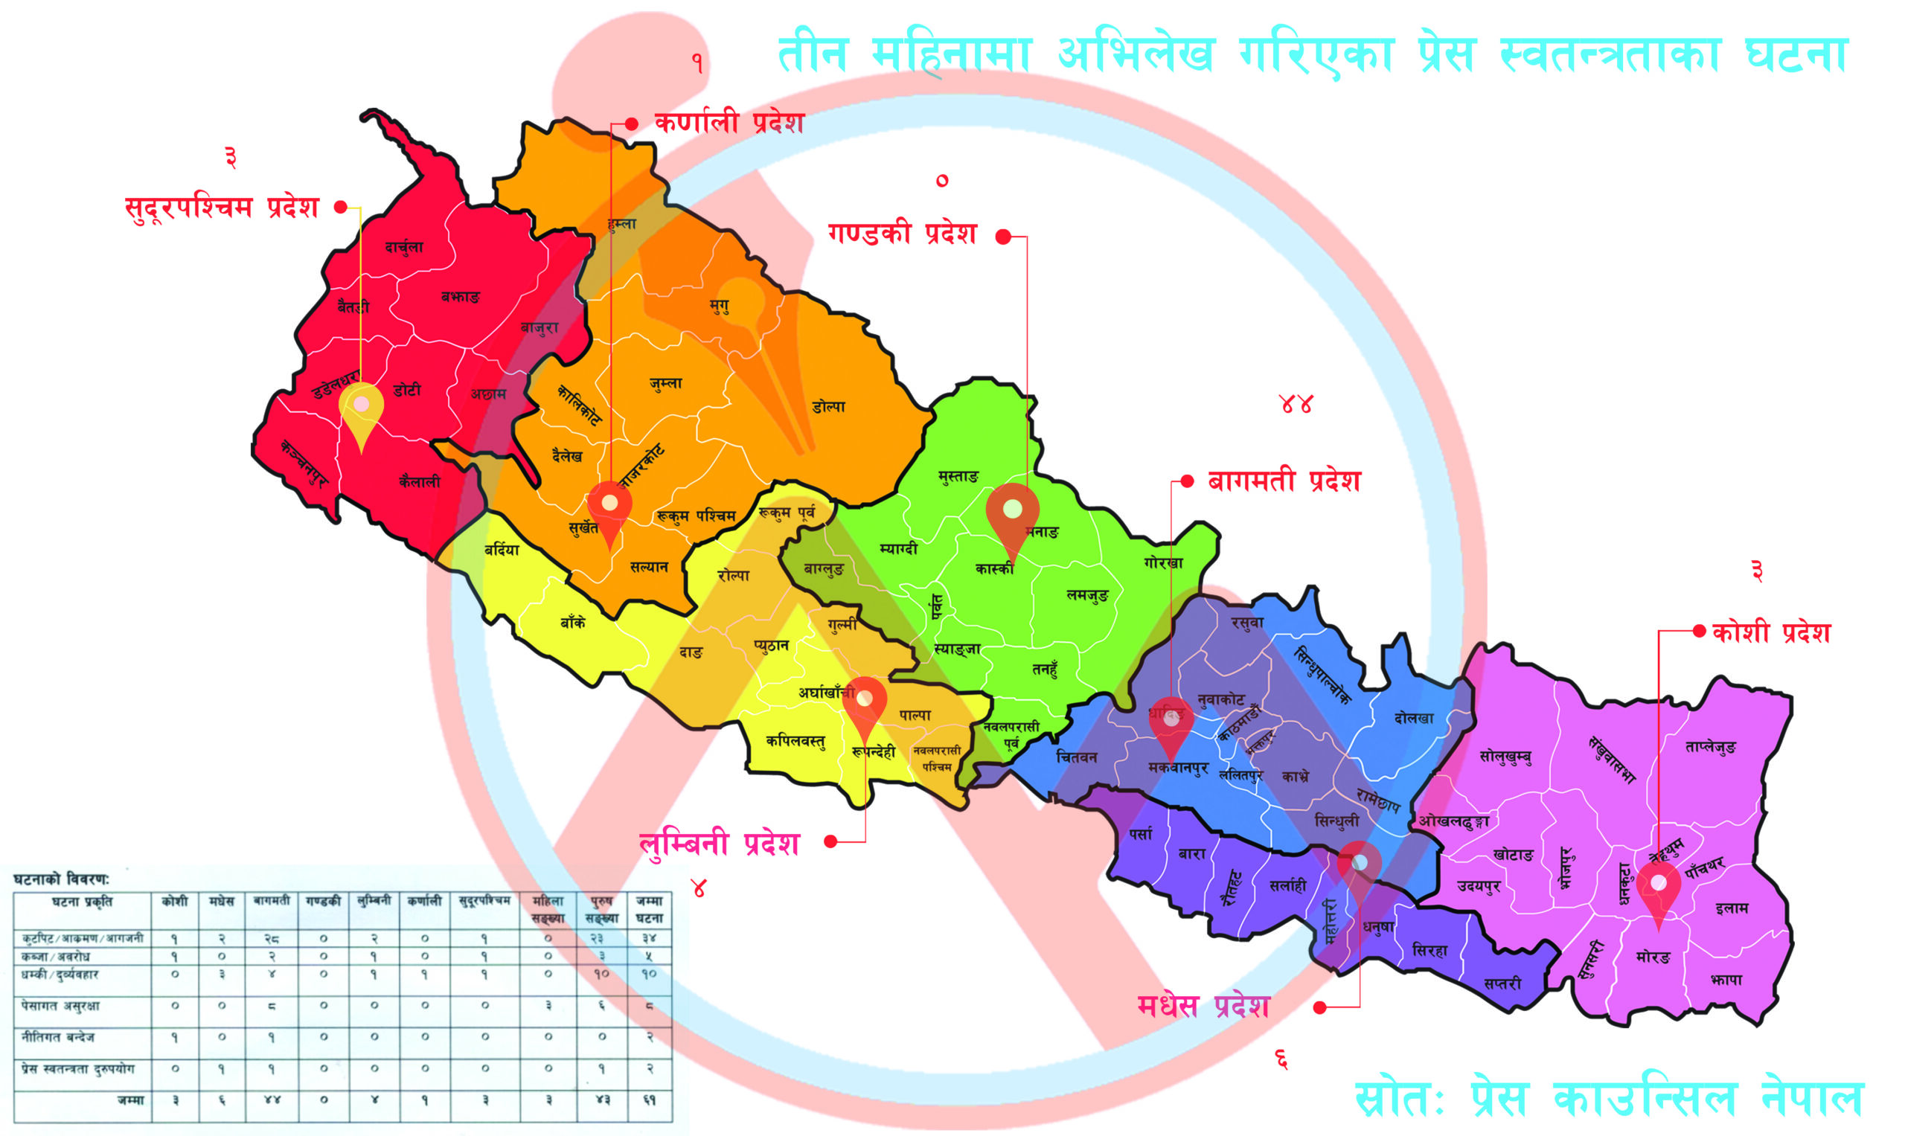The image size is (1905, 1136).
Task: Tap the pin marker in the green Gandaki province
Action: (1012, 514)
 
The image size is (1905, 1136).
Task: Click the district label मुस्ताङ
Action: (958, 477)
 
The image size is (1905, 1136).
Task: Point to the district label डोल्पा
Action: (828, 406)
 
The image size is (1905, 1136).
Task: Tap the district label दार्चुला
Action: (403, 247)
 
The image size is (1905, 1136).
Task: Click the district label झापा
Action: (1726, 979)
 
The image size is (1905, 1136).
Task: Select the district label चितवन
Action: (1077, 757)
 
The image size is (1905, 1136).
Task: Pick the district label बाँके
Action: (573, 623)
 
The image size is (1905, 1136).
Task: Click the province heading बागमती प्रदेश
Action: (1284, 481)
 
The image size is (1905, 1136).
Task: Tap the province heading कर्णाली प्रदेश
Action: (729, 123)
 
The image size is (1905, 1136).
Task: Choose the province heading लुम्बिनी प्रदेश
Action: (720, 844)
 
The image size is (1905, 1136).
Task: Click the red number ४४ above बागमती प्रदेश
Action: (1296, 404)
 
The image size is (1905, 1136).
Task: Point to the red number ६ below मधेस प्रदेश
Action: (1281, 1059)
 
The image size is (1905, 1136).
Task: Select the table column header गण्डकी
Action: (323, 902)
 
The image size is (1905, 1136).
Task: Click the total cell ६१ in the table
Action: (649, 1100)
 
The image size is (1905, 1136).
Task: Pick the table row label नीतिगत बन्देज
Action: (59, 1037)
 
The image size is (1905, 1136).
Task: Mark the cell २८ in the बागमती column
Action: (271, 937)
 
